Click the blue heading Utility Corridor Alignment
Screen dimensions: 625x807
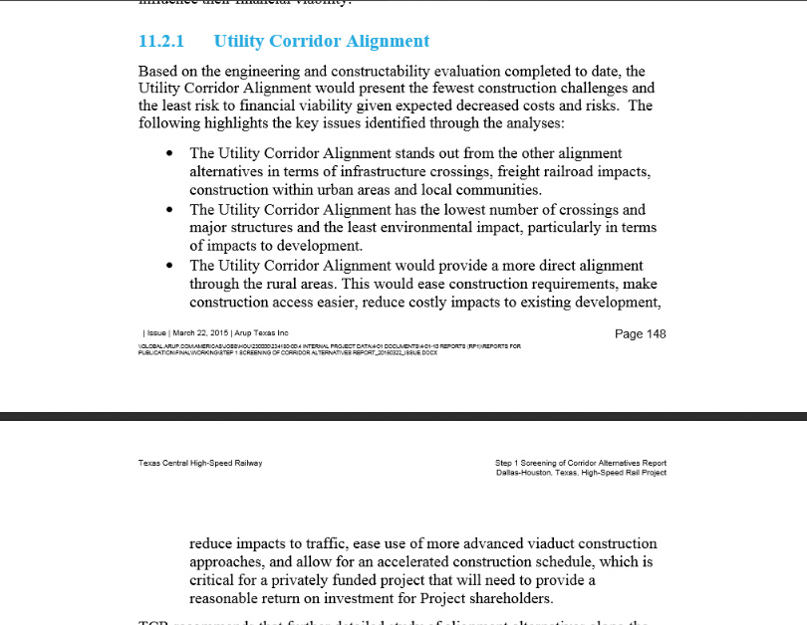[322, 42]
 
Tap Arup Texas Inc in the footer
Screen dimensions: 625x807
[262, 333]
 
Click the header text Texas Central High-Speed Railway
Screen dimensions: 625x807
[200, 464]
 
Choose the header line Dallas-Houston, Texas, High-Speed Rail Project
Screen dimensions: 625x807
[581, 473]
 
